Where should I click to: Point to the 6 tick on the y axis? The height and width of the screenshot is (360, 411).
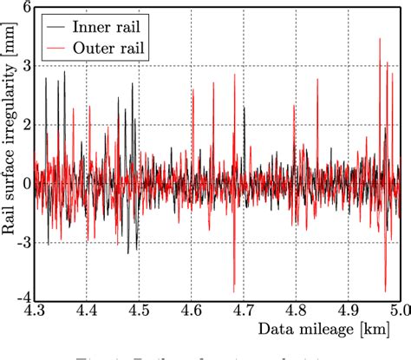click(25, 8)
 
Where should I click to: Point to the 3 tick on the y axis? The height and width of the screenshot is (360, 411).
click(25, 66)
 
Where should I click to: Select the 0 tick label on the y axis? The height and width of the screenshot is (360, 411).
click(25, 183)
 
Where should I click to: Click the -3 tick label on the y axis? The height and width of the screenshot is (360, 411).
click(22, 242)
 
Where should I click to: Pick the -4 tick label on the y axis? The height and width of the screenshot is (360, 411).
click(22, 300)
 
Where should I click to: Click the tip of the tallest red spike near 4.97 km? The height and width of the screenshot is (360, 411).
click(380, 39)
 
